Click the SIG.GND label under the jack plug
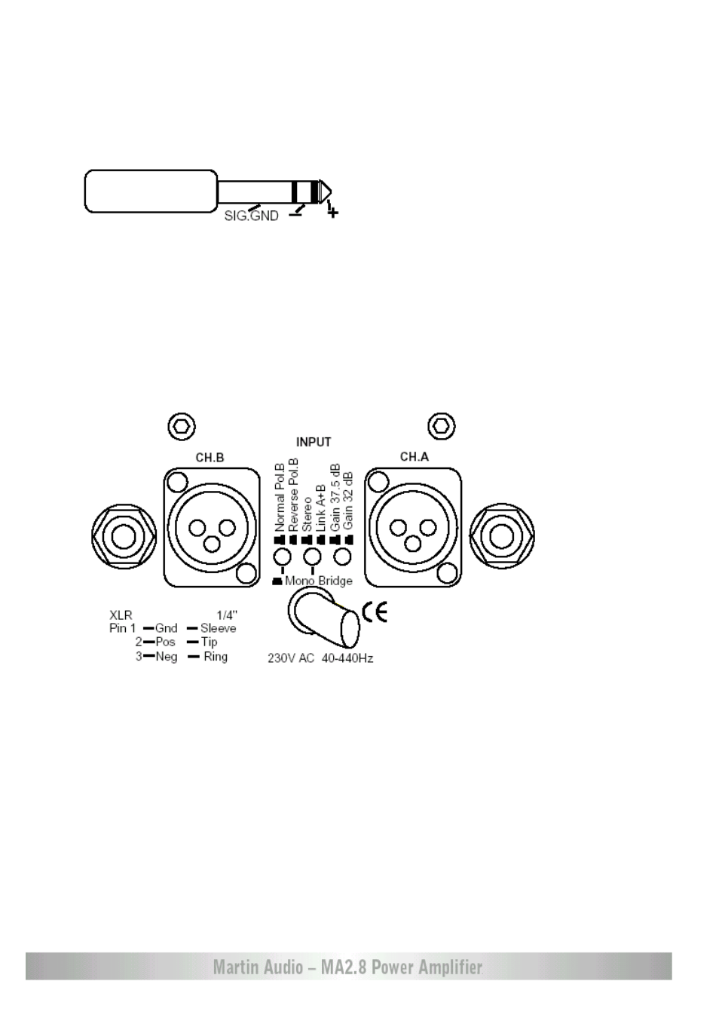tap(251, 216)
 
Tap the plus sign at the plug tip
tap(333, 212)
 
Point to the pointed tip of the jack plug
tap(330, 191)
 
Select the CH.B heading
tap(210, 458)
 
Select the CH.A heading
tap(415, 457)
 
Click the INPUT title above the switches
tap(314, 442)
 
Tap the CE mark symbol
tap(375, 612)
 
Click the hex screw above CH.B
tap(182, 427)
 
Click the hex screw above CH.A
tap(442, 426)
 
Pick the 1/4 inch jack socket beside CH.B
tap(124, 536)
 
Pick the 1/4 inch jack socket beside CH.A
tap(502, 536)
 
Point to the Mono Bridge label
tap(318, 581)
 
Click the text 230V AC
tap(291, 658)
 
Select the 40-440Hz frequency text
tap(347, 658)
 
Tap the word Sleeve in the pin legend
tap(218, 628)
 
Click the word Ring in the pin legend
tap(216, 656)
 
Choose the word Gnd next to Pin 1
tap(167, 628)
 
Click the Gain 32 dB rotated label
tap(348, 501)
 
